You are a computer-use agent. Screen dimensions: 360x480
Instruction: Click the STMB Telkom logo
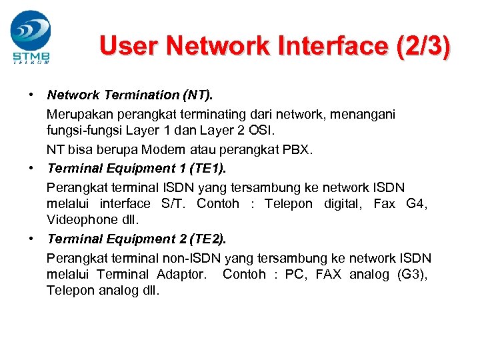click(x=31, y=37)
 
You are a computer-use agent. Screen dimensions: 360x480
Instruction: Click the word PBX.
click(x=299, y=149)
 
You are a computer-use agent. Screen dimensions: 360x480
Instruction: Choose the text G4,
click(x=417, y=203)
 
